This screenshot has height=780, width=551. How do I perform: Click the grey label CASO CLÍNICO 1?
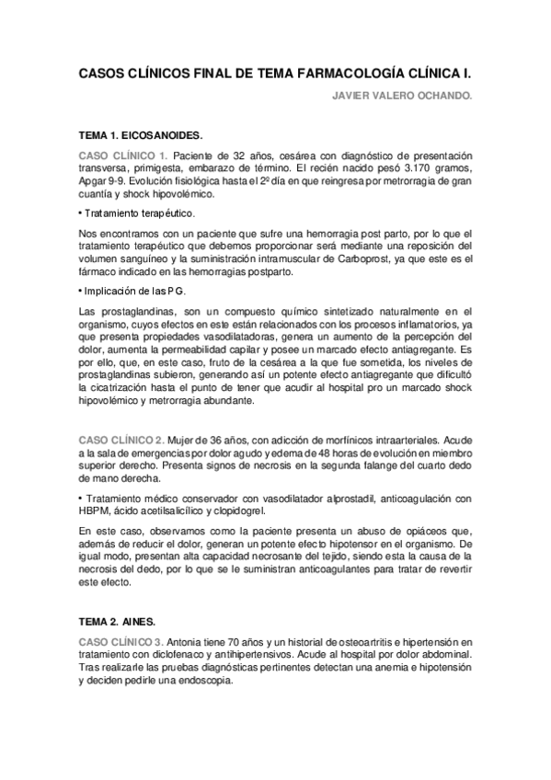click(123, 155)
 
